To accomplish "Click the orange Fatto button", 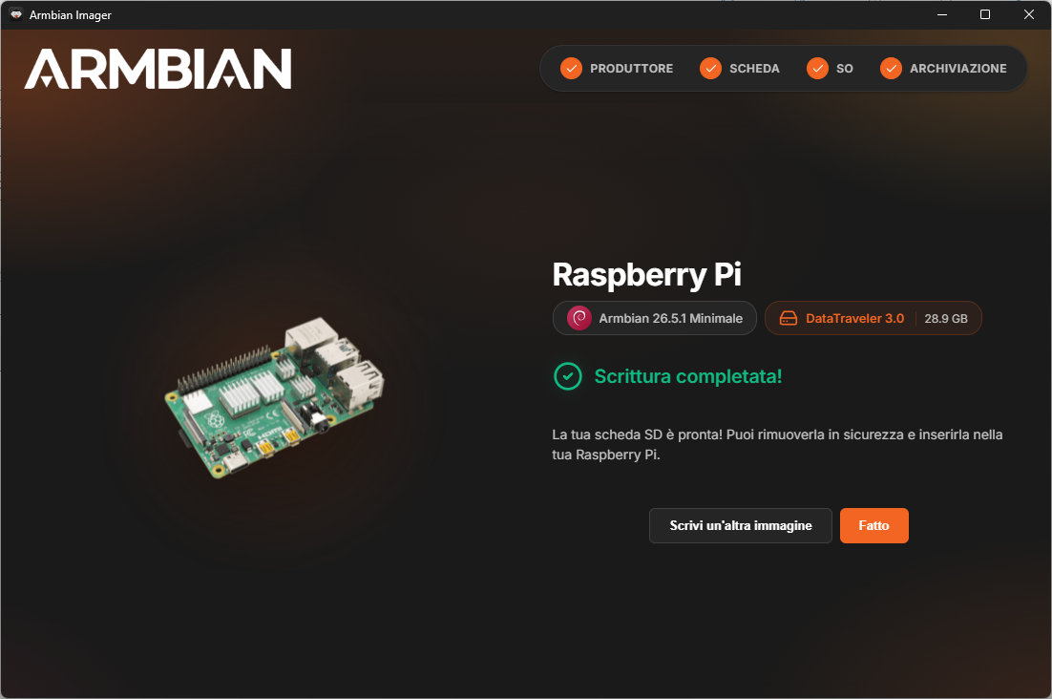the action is tap(873, 525).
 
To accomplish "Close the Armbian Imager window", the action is tap(1028, 14).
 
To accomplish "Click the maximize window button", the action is tap(985, 14).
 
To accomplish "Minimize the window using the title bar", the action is tap(942, 14).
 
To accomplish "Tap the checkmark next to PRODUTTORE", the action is tap(571, 69).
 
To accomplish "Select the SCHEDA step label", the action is tap(754, 69).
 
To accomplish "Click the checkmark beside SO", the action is tap(817, 69).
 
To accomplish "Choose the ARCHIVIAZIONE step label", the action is tap(958, 69).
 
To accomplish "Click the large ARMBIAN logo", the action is tap(158, 69).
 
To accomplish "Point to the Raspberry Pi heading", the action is tap(647, 274).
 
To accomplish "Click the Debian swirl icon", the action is tap(579, 318).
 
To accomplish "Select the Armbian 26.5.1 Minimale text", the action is tap(671, 319).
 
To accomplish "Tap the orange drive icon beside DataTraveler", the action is tap(789, 318).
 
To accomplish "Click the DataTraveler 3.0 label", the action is tap(854, 319).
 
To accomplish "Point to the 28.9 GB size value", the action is tap(946, 319).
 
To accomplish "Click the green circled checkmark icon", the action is tap(568, 376).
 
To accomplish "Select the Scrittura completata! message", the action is tap(688, 376).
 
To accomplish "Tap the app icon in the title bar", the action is tap(16, 14).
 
